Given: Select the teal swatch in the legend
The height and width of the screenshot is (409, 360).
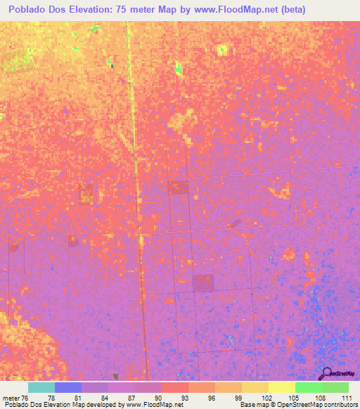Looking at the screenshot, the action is [x=41, y=387].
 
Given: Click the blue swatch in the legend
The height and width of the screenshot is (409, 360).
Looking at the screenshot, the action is [x=68, y=387].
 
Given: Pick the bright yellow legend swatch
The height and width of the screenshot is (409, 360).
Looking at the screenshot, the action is [x=282, y=387].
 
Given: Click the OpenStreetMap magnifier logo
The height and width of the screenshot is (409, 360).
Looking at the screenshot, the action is [x=326, y=373].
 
